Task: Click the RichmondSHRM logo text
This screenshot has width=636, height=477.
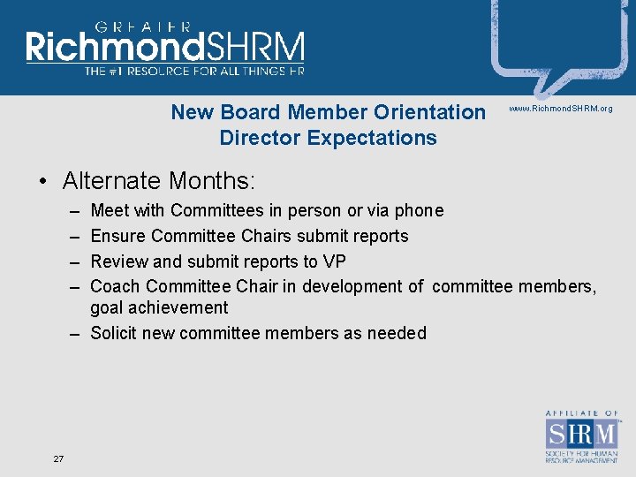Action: [x=165, y=48]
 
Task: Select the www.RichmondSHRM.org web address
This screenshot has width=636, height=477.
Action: [x=560, y=109]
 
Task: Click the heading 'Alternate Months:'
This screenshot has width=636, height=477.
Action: [x=159, y=181]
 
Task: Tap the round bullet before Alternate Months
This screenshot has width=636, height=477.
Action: [x=42, y=182]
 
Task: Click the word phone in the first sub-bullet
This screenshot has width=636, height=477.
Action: [x=419, y=210]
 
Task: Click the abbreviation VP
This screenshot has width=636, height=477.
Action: [x=334, y=261]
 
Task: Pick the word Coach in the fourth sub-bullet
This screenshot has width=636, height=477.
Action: [x=116, y=286]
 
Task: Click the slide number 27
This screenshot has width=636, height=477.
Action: [x=58, y=458]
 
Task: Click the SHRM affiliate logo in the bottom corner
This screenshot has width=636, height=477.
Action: [x=582, y=436]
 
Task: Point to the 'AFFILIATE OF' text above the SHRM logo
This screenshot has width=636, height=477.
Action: [x=582, y=413]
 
